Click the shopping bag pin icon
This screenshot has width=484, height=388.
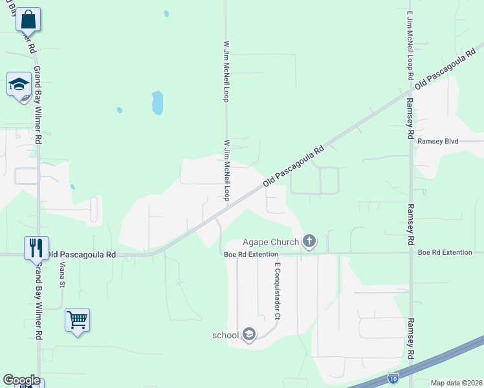click(28, 19)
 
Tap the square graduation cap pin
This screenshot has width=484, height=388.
click(19, 84)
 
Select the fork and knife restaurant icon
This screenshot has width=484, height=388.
click(36, 248)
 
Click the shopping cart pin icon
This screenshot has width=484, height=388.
click(77, 320)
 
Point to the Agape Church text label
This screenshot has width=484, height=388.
click(270, 242)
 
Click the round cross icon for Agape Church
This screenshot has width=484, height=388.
click(309, 242)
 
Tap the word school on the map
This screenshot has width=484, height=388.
click(226, 335)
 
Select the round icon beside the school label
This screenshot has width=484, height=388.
click(249, 335)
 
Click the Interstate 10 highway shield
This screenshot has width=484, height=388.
click(393, 377)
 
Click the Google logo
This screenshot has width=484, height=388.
click(21, 380)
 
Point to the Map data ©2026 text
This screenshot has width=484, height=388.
click(457, 383)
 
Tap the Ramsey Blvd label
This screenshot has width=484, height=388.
click(437, 141)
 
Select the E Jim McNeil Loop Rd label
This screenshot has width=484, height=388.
click(410, 45)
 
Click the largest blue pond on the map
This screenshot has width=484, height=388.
click(157, 102)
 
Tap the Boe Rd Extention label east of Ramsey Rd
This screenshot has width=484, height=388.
click(445, 252)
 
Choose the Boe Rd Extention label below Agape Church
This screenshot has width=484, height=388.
click(250, 254)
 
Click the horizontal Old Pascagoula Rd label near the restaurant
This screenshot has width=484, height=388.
click(82, 255)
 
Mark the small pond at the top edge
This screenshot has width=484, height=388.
click(166, 13)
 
